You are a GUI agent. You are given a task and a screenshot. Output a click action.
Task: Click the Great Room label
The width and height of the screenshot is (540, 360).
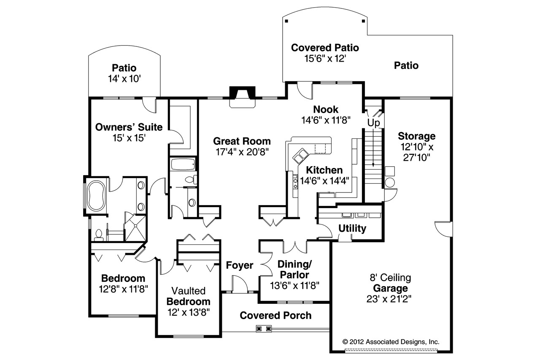click(242, 141)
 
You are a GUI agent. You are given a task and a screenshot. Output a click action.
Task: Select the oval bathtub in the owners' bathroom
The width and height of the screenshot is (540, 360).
click(97, 195)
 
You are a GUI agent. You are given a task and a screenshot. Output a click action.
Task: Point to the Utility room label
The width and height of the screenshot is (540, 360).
click(352, 228)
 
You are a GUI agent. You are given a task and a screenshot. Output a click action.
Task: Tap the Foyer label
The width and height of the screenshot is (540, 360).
click(240, 265)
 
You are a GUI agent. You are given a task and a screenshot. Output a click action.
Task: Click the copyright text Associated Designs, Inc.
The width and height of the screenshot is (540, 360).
click(391, 341)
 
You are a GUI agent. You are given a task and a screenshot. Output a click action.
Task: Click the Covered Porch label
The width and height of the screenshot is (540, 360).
click(275, 315)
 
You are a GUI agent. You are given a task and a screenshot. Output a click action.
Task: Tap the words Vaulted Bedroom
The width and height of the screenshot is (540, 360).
click(188, 296)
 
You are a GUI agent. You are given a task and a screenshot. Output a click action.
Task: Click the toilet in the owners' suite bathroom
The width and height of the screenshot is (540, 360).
click(99, 234)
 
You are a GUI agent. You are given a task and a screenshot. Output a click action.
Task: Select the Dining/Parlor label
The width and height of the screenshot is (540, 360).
click(294, 269)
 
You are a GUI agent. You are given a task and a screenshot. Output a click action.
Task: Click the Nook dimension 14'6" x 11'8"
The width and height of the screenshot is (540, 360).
click(326, 120)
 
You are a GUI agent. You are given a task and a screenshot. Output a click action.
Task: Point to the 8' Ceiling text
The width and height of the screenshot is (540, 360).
click(390, 278)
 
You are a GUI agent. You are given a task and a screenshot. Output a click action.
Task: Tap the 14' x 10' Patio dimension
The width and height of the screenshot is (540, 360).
click(124, 78)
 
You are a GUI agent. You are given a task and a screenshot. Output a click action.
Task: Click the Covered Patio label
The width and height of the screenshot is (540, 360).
click(325, 47)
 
